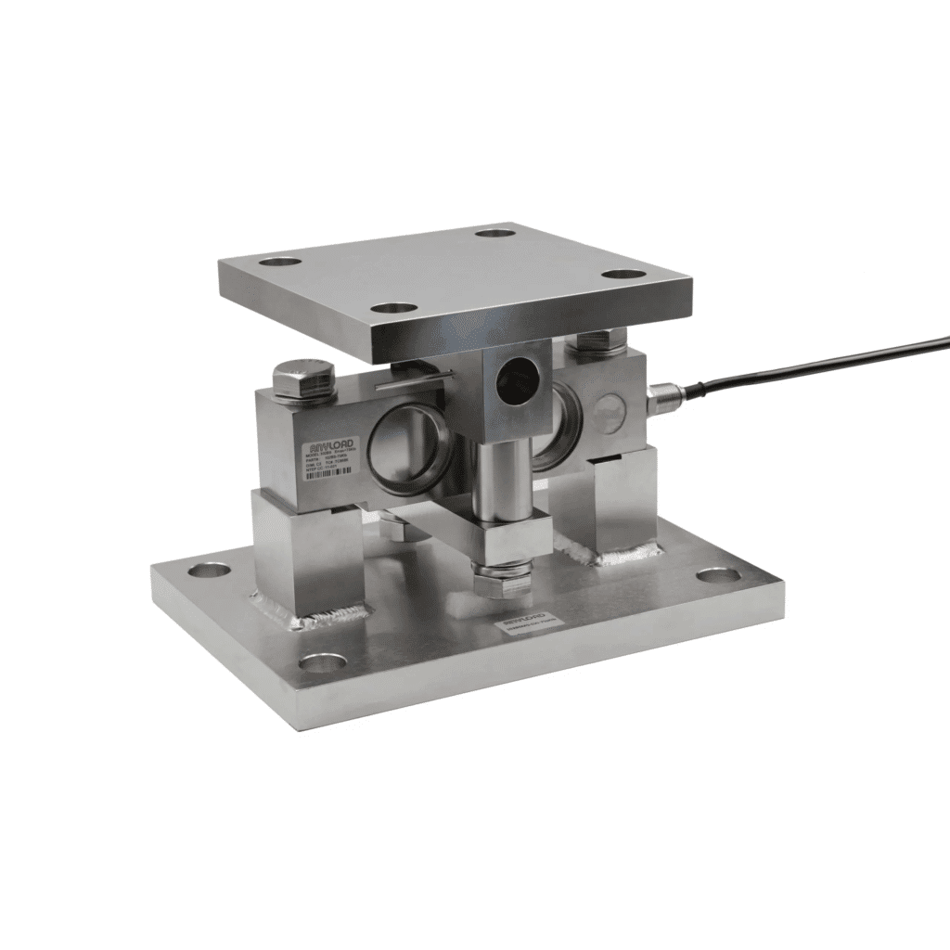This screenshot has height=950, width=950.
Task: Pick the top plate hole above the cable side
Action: [619, 275]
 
